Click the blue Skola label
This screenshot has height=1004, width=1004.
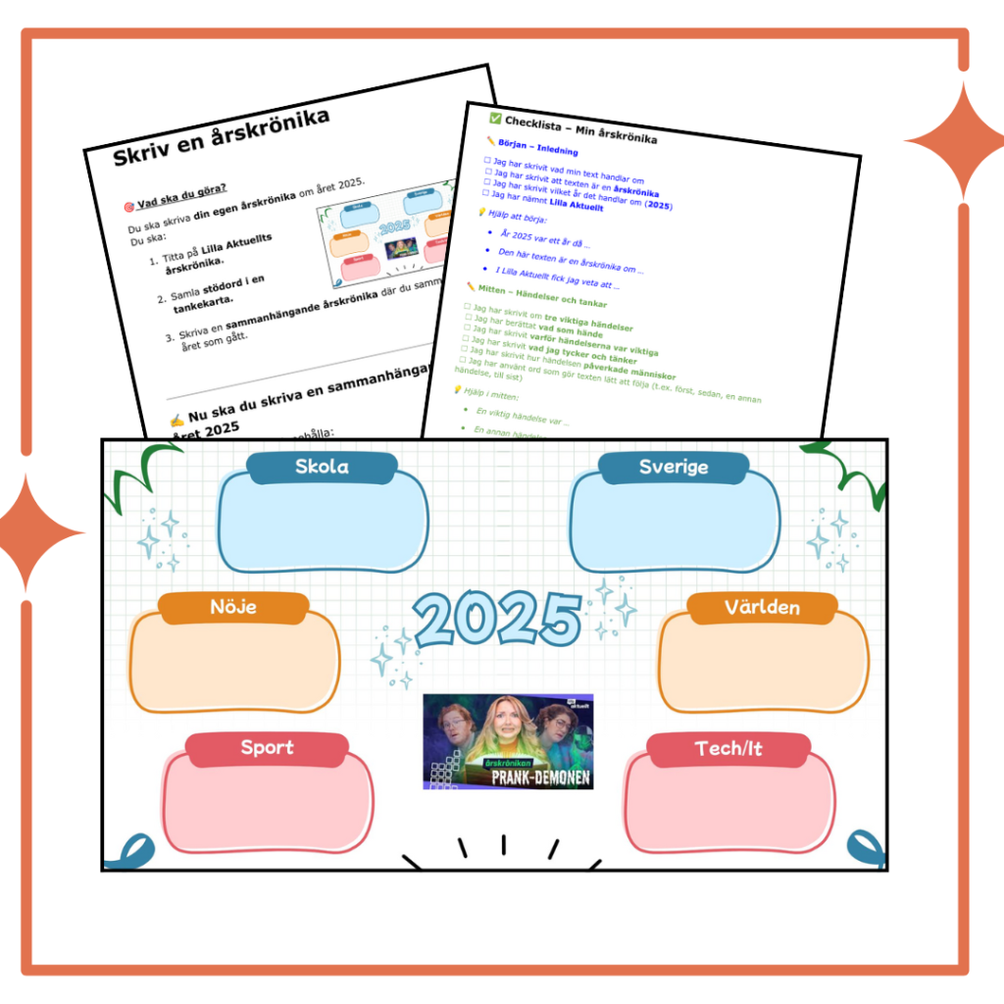click(x=322, y=467)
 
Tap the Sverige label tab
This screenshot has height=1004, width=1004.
click(x=674, y=467)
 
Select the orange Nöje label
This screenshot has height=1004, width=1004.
click(x=233, y=607)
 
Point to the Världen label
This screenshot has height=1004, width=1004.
click(x=762, y=607)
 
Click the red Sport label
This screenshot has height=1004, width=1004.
click(x=267, y=748)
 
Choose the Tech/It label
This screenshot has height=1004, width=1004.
click(x=728, y=749)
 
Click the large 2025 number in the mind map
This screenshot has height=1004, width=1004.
click(x=497, y=619)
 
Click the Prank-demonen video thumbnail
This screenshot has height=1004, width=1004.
click(x=508, y=742)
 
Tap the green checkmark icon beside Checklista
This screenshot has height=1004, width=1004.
click(x=495, y=117)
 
